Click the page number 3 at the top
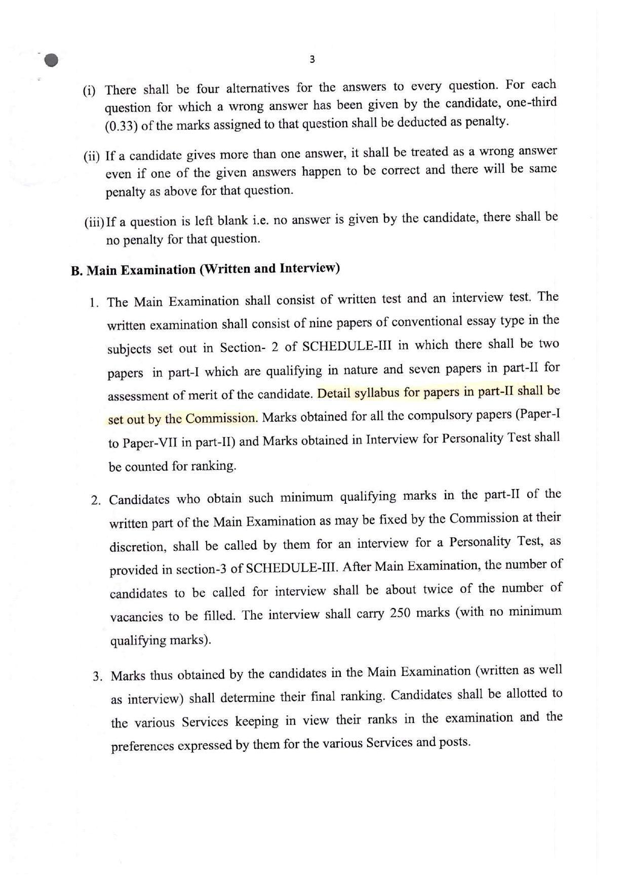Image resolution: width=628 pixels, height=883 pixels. [x=312, y=59]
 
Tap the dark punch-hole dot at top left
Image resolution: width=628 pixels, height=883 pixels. [x=51, y=60]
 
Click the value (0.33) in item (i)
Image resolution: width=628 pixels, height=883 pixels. [x=122, y=126]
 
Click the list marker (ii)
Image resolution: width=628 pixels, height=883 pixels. [x=92, y=156]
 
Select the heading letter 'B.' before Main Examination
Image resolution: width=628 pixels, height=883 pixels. [x=77, y=270]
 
